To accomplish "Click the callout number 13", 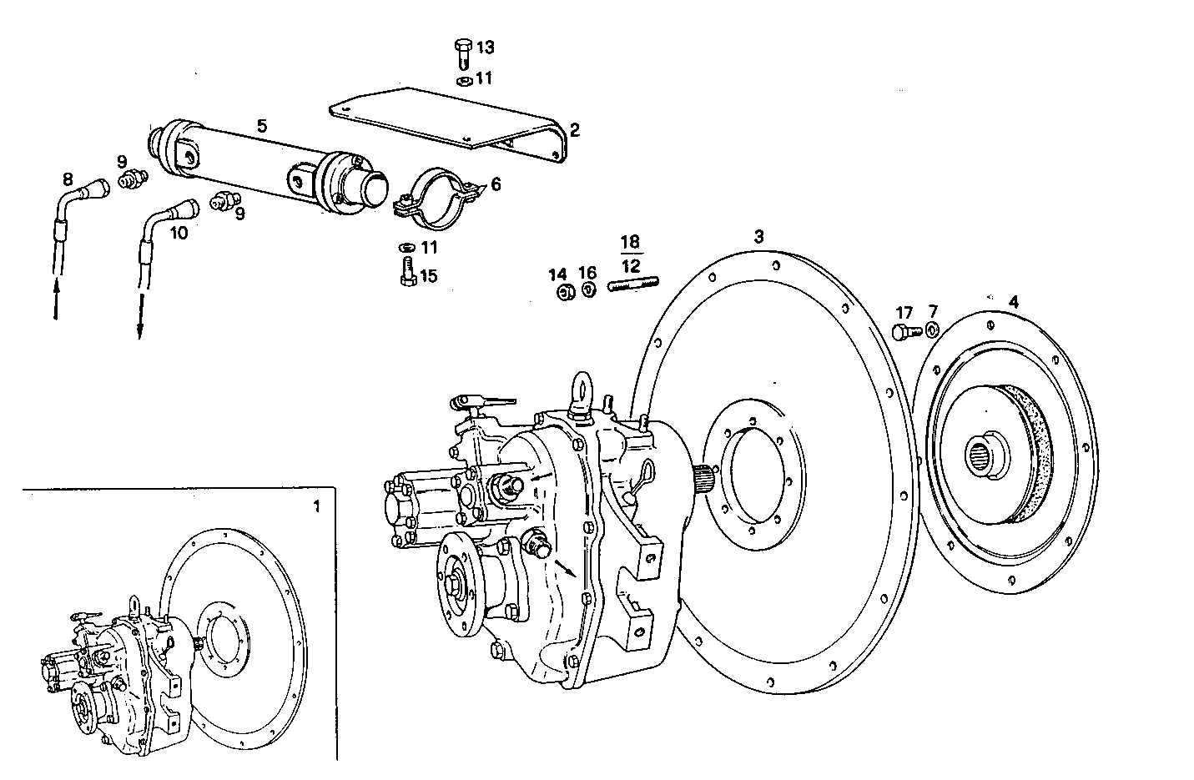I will (x=485, y=48).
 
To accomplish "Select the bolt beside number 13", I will (x=464, y=53).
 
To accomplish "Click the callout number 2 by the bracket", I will (x=574, y=129).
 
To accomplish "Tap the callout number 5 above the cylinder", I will (x=262, y=126).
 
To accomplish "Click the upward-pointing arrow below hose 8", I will (x=55, y=300).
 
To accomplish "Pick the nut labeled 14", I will (x=563, y=291).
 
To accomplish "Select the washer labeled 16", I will (x=587, y=289).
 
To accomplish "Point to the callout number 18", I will (x=630, y=243).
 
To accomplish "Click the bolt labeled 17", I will (x=905, y=332).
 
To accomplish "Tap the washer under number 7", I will (x=932, y=330).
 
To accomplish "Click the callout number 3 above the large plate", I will (x=758, y=237).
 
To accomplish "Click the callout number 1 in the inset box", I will (x=315, y=506).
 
